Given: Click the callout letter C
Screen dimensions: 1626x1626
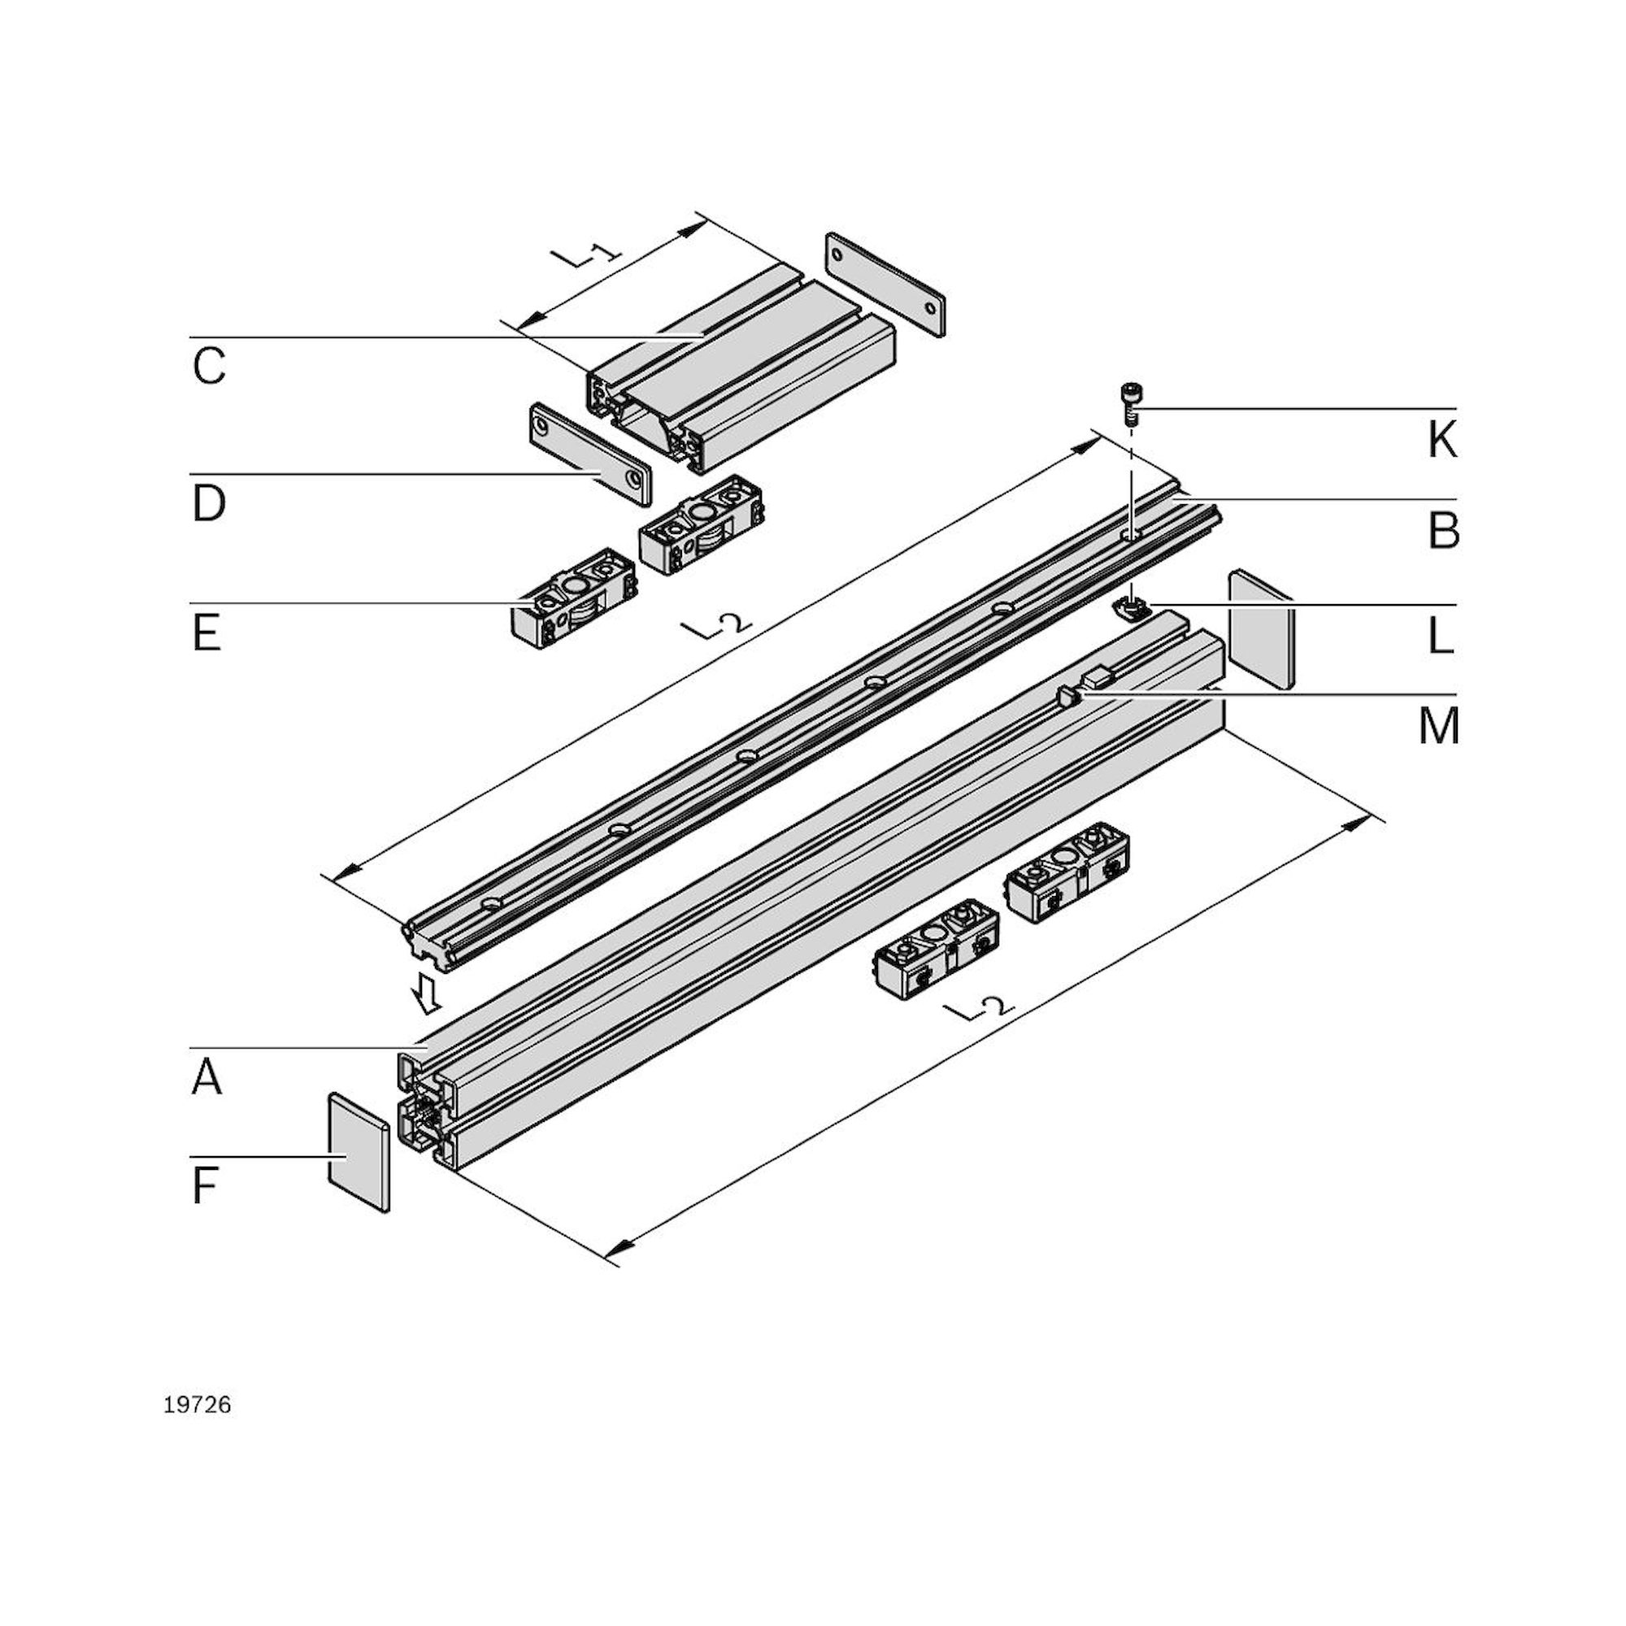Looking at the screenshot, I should [209, 366].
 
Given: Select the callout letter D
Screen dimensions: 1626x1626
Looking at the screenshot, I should [209, 503].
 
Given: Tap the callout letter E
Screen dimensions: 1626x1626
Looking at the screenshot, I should [207, 633].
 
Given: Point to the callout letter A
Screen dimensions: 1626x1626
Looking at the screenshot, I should [207, 1077].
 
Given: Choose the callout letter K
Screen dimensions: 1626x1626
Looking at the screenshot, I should [1441, 440].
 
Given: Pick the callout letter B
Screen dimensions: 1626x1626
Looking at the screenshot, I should [1443, 530].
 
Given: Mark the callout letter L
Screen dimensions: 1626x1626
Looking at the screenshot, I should [1441, 638].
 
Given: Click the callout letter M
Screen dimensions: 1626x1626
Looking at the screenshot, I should [1438, 726].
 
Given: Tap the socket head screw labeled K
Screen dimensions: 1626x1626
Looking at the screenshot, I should [1130, 404].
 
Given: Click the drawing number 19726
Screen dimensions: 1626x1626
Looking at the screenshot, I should [197, 1405].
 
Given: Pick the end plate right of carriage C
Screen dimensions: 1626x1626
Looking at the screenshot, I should [885, 285].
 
